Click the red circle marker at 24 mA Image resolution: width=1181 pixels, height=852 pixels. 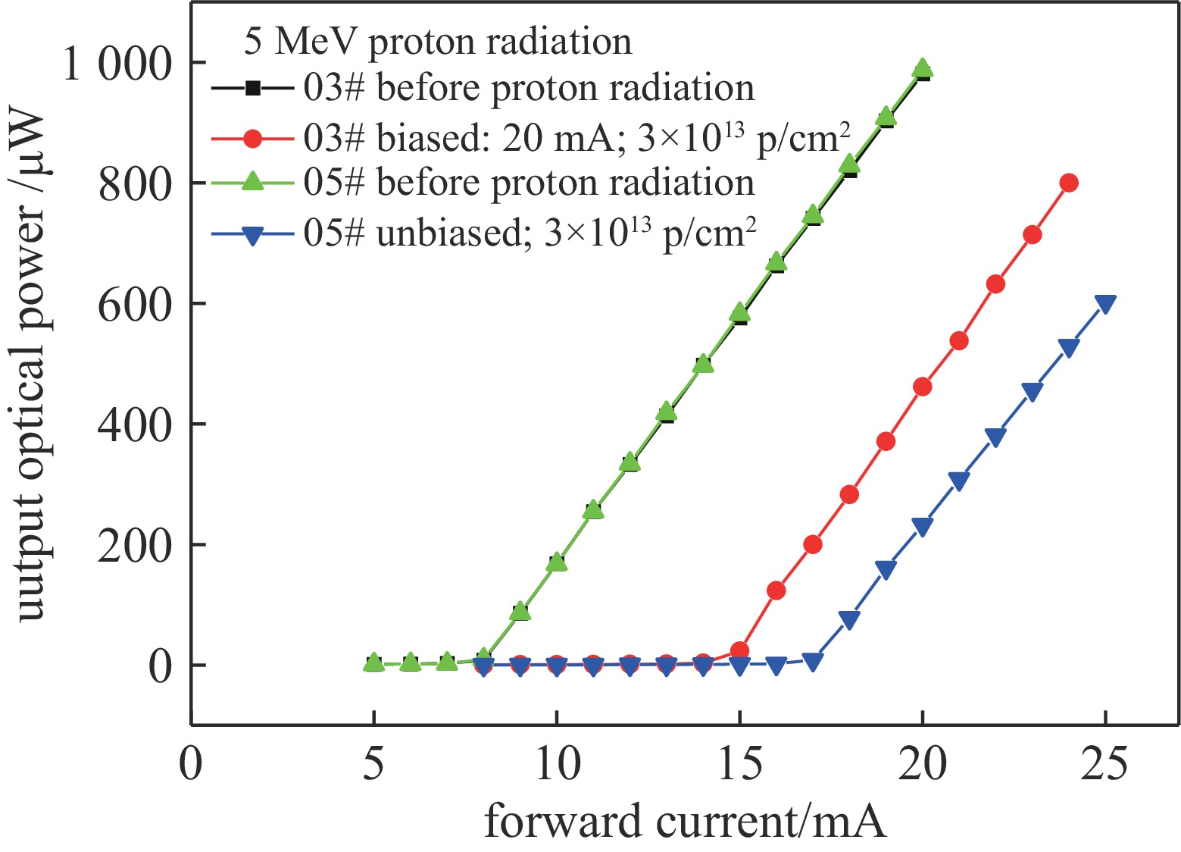click(x=1069, y=183)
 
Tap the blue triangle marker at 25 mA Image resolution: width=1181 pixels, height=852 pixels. click(x=1105, y=304)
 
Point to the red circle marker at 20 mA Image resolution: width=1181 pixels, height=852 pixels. click(x=922, y=387)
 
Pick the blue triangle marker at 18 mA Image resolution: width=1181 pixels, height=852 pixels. click(x=849, y=620)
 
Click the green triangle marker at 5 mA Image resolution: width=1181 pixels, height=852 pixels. click(x=373, y=662)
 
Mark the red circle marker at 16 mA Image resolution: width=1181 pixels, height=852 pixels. click(x=776, y=590)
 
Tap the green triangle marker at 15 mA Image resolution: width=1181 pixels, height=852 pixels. click(x=739, y=313)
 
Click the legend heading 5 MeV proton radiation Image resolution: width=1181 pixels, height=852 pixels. click(x=438, y=41)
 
